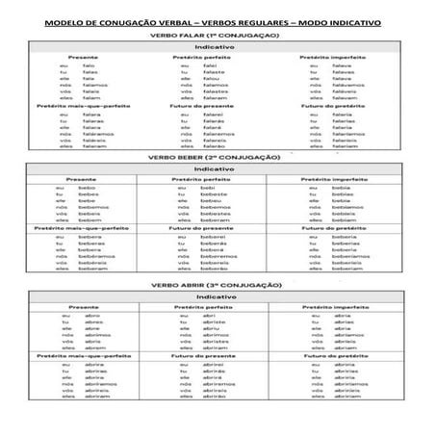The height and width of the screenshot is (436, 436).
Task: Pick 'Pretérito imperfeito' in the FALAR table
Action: coord(328,57)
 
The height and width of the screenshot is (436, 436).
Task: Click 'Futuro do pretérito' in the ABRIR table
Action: coord(334,357)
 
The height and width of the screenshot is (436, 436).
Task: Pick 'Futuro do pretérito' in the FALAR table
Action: coord(328,105)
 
